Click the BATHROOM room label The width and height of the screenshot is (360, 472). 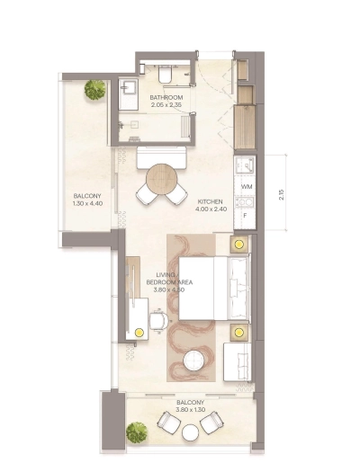click(x=166, y=97)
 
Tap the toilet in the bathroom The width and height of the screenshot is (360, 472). click(x=169, y=71)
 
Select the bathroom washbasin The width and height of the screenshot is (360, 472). click(x=127, y=87)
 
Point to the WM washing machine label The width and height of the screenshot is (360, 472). click(x=245, y=187)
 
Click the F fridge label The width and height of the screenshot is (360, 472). click(x=244, y=217)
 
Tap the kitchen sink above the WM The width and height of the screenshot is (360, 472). click(x=242, y=165)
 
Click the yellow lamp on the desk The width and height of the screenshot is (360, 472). click(x=139, y=331)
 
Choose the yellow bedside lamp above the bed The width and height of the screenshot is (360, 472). click(x=238, y=243)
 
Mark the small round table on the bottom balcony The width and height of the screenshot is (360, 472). click(x=190, y=433)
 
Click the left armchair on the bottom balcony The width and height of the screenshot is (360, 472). click(x=166, y=420)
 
